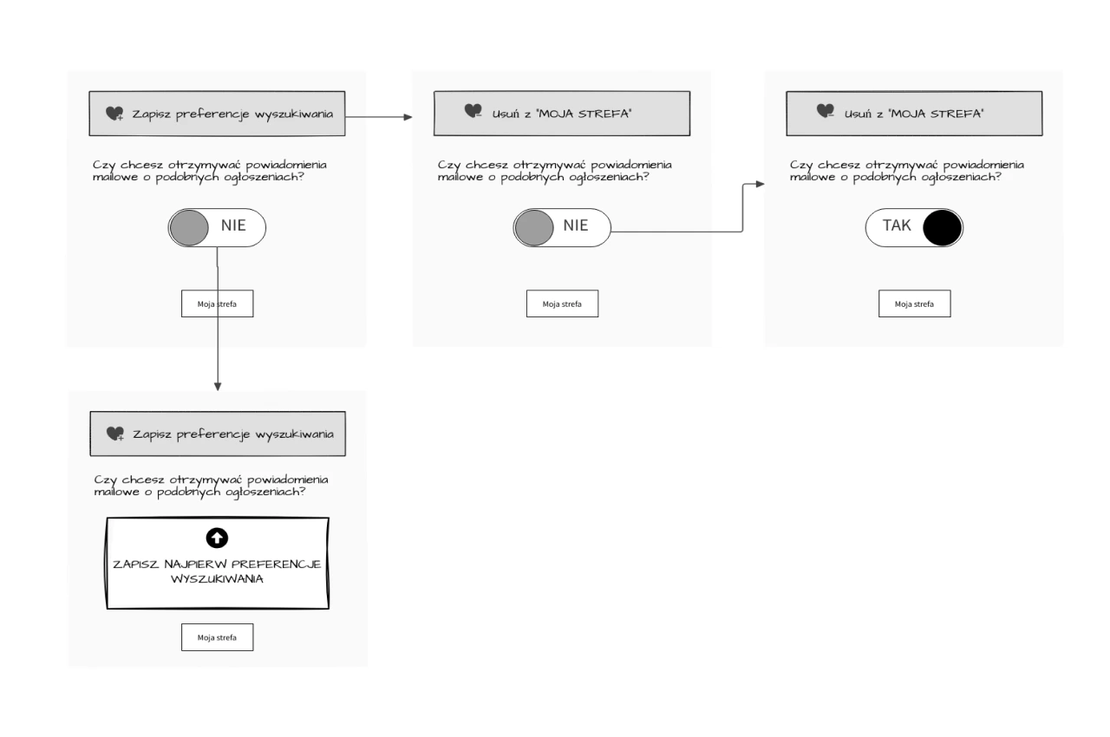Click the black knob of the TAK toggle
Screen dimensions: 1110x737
coord(942,228)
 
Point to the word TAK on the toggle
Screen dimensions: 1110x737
coord(897,225)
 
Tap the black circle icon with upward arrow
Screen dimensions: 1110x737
coord(217,538)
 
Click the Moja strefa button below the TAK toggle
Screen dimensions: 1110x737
coord(914,303)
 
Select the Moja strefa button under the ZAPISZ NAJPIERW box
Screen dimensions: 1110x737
coord(217,637)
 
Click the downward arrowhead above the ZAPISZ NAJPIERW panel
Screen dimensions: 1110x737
coord(218,387)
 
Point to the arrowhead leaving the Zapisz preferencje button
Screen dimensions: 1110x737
coord(408,117)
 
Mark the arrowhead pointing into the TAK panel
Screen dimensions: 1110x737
coord(761,184)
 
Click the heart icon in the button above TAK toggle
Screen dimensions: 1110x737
coord(826,111)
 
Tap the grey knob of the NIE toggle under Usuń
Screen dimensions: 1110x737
coord(533,228)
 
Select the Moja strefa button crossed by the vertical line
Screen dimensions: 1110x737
coord(217,303)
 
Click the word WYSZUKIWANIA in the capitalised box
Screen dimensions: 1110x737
coord(217,579)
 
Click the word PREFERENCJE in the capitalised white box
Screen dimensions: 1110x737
coord(276,564)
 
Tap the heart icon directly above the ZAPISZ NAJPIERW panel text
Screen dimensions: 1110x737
coord(115,434)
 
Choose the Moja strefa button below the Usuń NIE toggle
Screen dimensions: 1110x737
coord(562,303)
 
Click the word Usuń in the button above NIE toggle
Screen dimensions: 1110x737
coord(504,114)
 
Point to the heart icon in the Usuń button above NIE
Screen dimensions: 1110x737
coord(473,111)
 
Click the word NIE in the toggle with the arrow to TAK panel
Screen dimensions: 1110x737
coord(575,225)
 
